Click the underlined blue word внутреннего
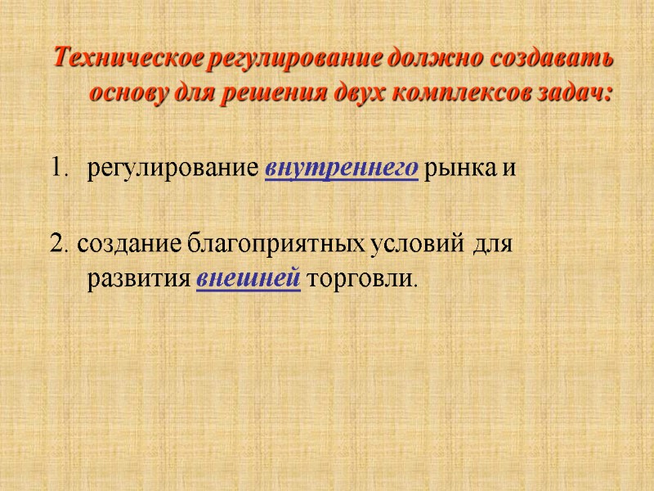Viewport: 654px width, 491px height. point(343,169)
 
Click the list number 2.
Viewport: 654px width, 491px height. point(57,244)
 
